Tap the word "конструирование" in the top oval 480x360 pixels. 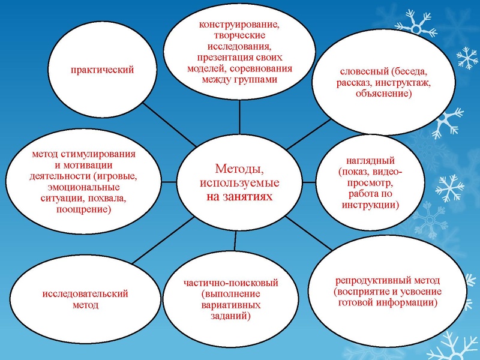240,25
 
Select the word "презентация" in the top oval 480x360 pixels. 221,58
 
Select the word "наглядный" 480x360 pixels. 370,161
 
